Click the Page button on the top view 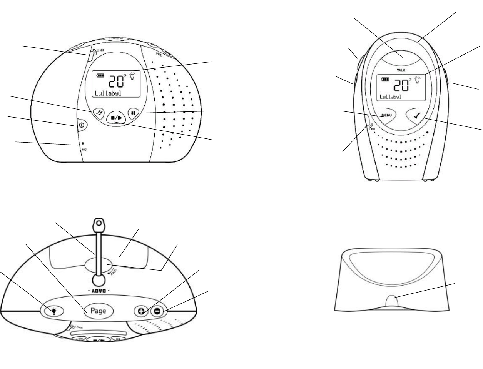(99, 311)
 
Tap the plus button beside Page (141, 311)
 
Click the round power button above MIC (82, 125)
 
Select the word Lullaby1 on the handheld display (391, 97)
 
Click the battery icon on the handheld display (385, 79)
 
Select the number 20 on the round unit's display (116, 82)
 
